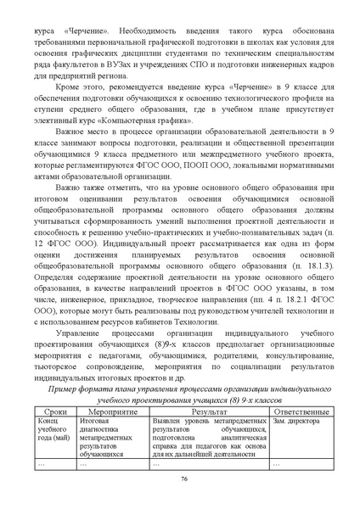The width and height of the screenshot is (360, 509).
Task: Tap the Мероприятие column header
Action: point(112,411)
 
